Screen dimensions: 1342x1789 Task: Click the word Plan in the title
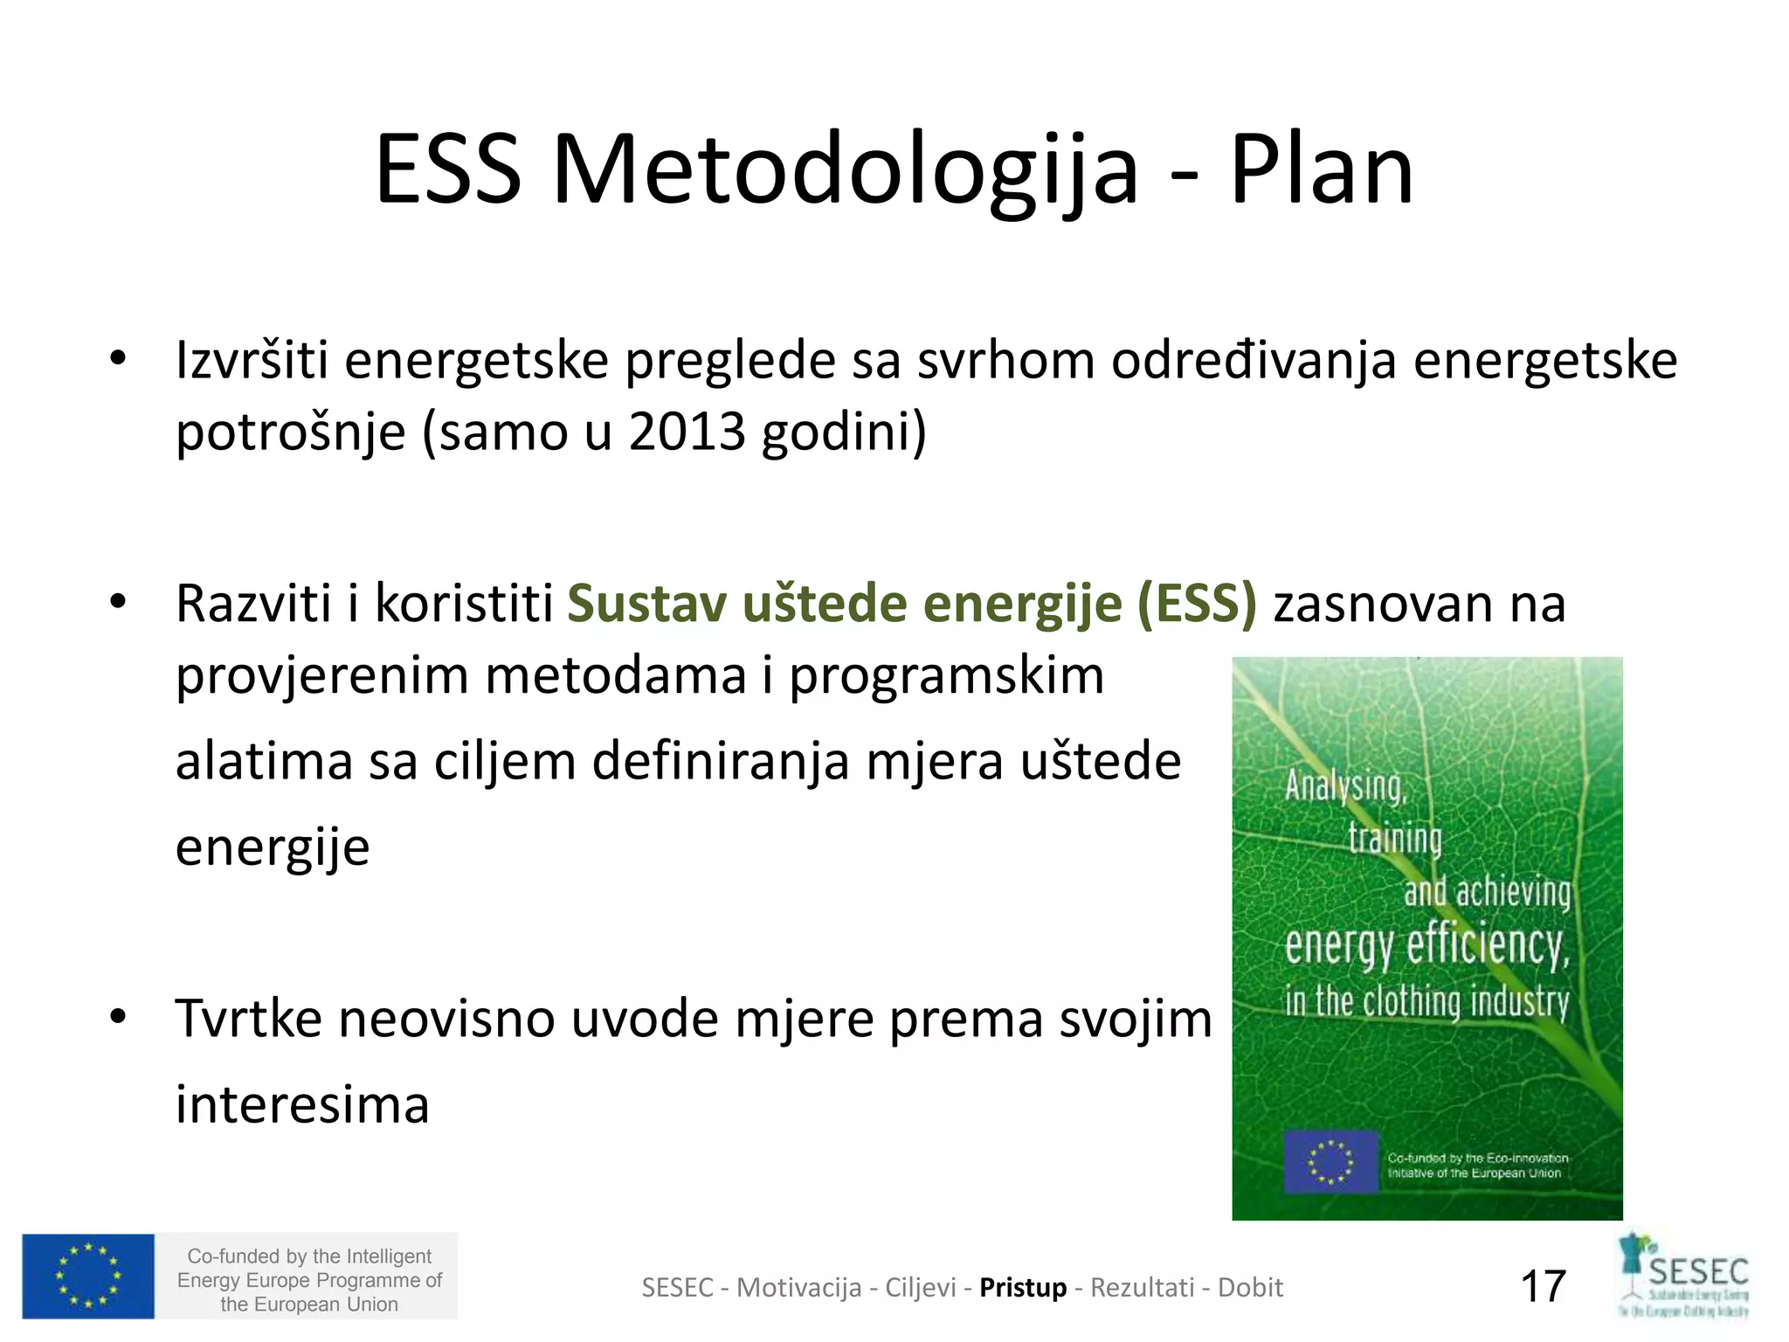click(x=1321, y=170)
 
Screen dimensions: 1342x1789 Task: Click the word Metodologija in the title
click(x=845, y=170)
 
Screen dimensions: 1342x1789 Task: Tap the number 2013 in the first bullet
click(x=687, y=432)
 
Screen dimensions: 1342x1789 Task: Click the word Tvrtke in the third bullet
click(x=249, y=1019)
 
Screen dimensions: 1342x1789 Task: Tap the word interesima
click(x=302, y=1104)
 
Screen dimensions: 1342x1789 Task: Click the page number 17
click(x=1543, y=1287)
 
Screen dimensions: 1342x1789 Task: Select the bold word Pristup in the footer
click(x=1023, y=1288)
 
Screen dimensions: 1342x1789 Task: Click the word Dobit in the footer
click(x=1250, y=1288)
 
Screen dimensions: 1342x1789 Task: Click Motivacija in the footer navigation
click(x=798, y=1288)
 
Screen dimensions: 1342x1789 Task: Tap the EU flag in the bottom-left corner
click(x=88, y=1276)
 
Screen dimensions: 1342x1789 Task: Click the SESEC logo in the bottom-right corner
click(x=1684, y=1276)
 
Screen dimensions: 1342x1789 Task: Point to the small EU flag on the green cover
click(x=1330, y=1162)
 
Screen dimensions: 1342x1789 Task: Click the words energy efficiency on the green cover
click(x=1426, y=946)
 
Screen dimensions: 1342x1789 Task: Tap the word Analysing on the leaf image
click(x=1345, y=786)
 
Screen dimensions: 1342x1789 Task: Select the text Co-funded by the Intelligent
click(x=309, y=1256)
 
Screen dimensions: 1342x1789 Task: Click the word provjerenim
click(x=322, y=676)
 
